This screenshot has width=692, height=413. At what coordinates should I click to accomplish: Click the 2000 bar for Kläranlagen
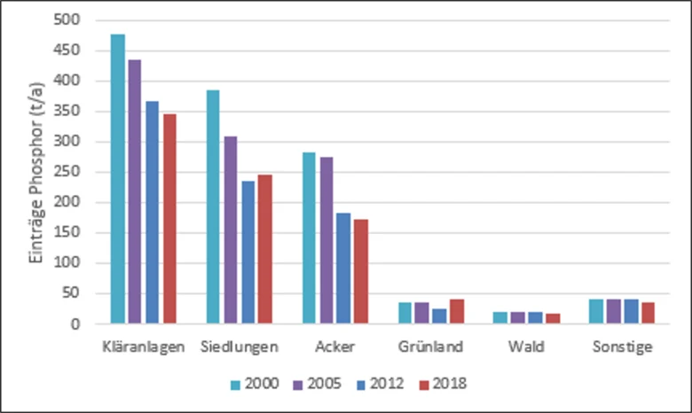tap(118, 179)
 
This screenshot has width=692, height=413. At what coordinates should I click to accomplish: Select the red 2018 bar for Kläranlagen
tap(170, 219)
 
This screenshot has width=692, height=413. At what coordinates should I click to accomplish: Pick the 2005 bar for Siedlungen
tap(231, 230)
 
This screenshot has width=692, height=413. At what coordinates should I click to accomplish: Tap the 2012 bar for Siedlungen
tap(248, 253)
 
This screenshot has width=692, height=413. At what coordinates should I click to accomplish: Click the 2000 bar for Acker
tap(309, 238)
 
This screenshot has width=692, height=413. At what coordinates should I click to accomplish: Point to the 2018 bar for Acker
tap(361, 271)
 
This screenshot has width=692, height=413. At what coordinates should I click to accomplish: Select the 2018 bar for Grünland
tap(457, 312)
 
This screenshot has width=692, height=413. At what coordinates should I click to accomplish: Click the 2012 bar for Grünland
tap(439, 316)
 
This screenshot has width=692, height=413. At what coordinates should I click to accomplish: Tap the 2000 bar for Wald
tap(500, 318)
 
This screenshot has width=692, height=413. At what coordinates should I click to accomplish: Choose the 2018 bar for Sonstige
tap(649, 313)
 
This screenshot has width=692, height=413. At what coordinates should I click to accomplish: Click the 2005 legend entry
tap(318, 384)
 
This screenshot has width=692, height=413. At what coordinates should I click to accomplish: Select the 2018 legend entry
tap(443, 384)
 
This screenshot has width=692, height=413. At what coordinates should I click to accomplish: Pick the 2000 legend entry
tap(255, 384)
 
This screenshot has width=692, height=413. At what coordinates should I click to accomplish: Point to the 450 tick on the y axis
tap(67, 51)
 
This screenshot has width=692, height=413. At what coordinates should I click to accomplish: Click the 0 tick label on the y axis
tap(76, 324)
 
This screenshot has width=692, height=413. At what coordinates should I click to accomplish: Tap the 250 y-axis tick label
tap(67, 172)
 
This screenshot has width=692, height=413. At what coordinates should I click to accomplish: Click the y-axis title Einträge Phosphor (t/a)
tap(36, 173)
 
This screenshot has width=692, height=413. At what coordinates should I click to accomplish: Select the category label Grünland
tap(431, 347)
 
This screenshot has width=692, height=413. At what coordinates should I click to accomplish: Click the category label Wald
tap(526, 347)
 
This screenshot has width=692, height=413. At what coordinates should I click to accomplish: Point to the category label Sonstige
tap(622, 347)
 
